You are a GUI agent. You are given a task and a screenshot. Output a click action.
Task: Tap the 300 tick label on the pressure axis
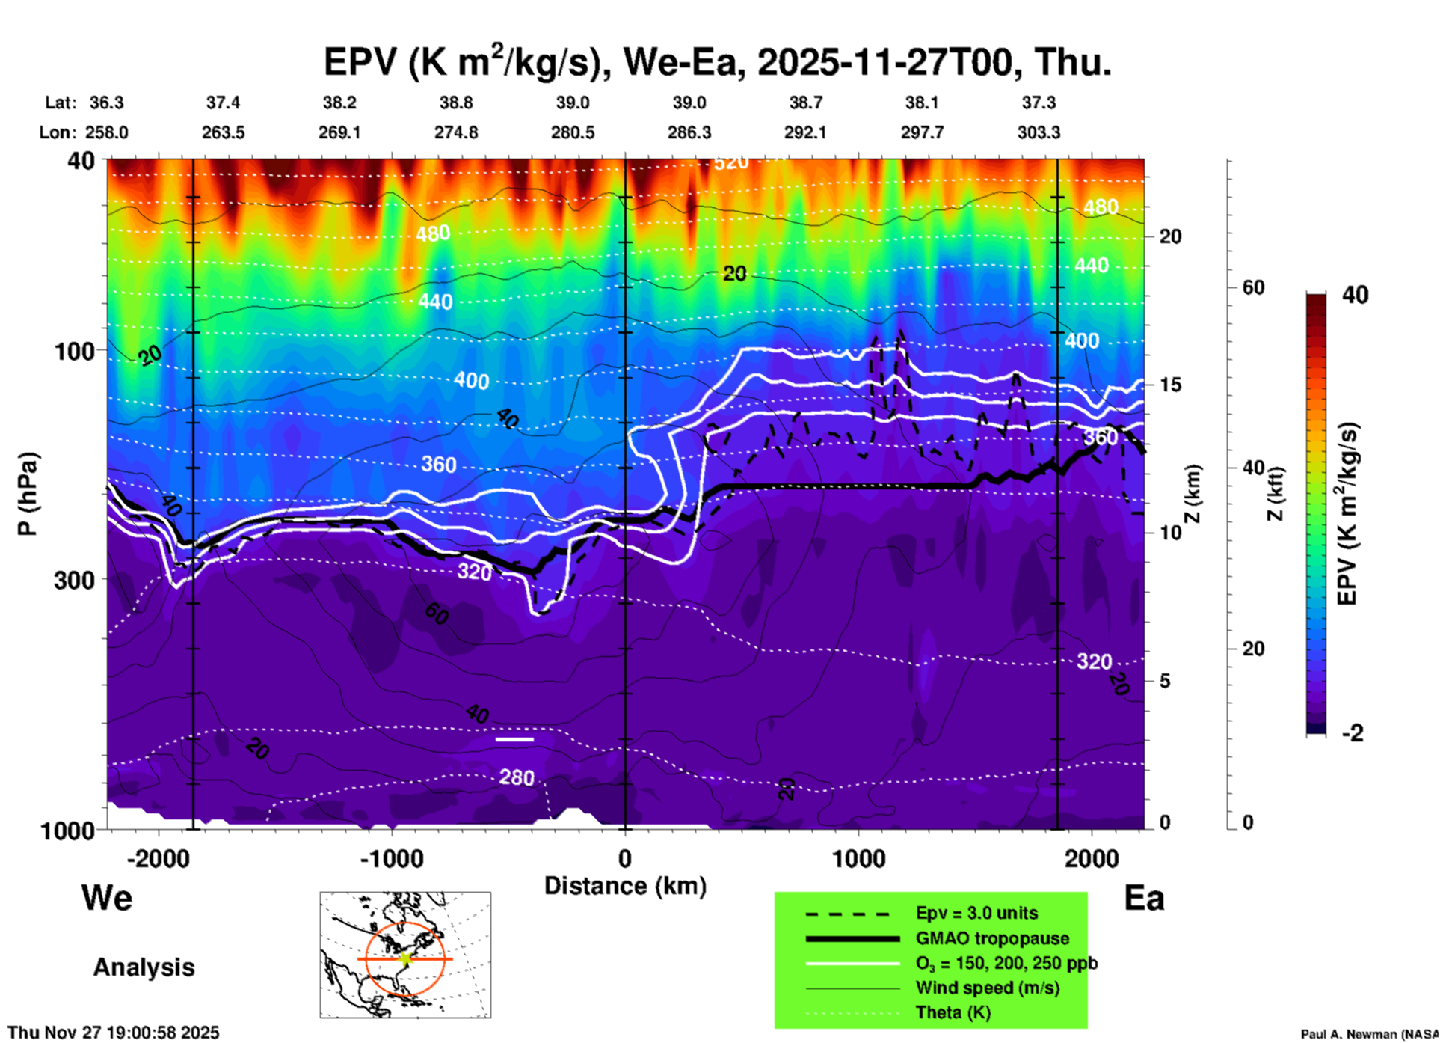tap(74, 580)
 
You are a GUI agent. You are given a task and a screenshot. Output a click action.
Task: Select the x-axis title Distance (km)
tap(625, 886)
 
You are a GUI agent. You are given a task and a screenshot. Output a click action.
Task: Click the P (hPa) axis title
tap(28, 494)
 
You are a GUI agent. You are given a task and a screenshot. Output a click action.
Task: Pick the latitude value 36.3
tap(106, 103)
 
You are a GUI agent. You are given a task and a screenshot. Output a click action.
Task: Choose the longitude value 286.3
tap(689, 132)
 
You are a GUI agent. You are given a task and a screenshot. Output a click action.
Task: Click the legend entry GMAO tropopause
tap(992, 938)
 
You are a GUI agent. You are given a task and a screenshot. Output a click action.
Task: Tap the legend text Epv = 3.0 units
tap(976, 914)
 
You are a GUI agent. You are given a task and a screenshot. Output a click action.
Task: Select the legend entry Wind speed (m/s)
tap(987, 988)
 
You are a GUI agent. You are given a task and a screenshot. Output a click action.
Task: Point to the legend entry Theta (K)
tap(953, 1012)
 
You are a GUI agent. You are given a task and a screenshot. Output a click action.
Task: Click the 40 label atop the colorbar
tap(1355, 295)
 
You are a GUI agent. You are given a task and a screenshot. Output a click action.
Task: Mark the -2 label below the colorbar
tap(1353, 733)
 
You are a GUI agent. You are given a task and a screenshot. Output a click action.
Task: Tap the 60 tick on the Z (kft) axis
tap(1253, 287)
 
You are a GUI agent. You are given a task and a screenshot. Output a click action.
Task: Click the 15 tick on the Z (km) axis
tap(1170, 385)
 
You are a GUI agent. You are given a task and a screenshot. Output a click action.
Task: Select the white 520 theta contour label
tap(730, 162)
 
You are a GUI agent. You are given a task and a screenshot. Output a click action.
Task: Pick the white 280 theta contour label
tap(517, 778)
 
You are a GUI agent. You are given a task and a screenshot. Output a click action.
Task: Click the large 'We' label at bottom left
tap(107, 898)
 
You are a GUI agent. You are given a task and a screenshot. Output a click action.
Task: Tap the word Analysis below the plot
tap(144, 967)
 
